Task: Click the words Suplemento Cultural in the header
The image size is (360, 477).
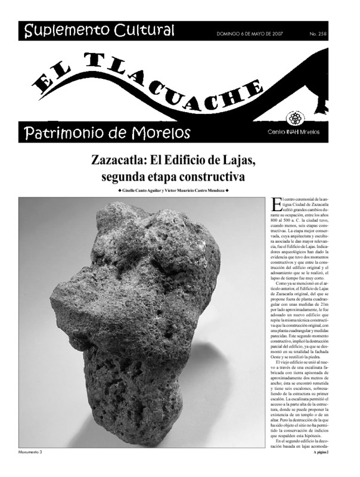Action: pyautogui.click(x=100, y=30)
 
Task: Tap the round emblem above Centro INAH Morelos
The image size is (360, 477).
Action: pyautogui.click(x=311, y=117)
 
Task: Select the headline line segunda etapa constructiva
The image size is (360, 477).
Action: pyautogui.click(x=173, y=177)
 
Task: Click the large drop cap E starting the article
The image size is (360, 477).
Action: pyautogui.click(x=275, y=205)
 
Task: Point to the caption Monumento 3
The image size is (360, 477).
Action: pyautogui.click(x=30, y=453)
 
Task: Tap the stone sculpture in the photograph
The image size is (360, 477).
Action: pyautogui.click(x=137, y=316)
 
